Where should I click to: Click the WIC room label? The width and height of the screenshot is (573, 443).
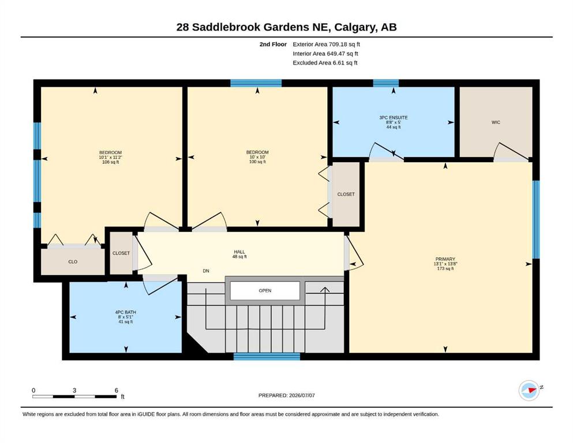pyautogui.click(x=496, y=122)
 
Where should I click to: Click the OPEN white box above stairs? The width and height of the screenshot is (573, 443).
pyautogui.click(x=265, y=291)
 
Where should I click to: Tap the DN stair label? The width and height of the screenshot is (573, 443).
pyautogui.click(x=206, y=271)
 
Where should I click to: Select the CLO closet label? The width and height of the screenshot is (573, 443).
pyautogui.click(x=73, y=262)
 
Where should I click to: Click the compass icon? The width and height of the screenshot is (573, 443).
pyautogui.click(x=529, y=390)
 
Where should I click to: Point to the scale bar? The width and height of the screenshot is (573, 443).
pyautogui.click(x=74, y=396)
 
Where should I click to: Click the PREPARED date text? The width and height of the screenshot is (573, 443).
pyautogui.click(x=286, y=395)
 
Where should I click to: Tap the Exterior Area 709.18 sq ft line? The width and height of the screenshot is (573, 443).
pyautogui.click(x=327, y=44)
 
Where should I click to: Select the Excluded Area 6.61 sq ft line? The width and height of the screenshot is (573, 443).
pyautogui.click(x=325, y=63)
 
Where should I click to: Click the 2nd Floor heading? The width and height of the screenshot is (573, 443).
pyautogui.click(x=273, y=44)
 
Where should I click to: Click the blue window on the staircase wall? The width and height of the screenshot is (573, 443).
pyautogui.click(x=267, y=356)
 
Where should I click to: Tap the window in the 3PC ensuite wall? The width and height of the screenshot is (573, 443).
pyautogui.click(x=386, y=83)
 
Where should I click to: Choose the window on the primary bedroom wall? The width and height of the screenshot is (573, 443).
pyautogui.click(x=535, y=220)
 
